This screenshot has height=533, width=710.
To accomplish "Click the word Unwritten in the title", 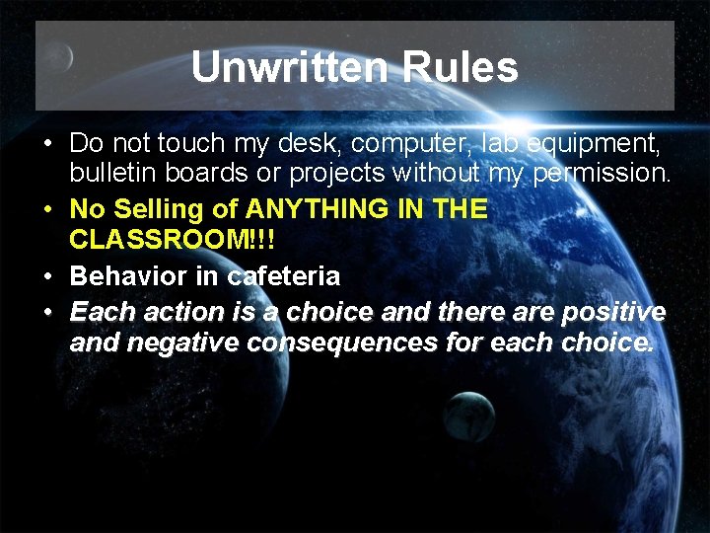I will point(275,67).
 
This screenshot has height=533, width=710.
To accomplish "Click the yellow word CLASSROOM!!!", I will point(172,242).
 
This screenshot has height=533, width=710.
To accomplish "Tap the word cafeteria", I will point(283,276).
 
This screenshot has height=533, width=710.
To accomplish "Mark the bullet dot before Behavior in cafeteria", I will point(47,276).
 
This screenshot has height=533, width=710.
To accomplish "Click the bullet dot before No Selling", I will point(47,209).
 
